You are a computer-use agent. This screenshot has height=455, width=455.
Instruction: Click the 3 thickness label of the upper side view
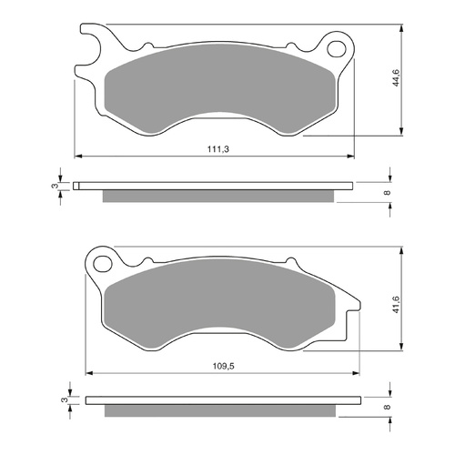click(55, 187)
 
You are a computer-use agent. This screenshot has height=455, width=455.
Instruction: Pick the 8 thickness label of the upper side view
click(388, 192)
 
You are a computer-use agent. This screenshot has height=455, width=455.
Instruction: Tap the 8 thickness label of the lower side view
click(388, 408)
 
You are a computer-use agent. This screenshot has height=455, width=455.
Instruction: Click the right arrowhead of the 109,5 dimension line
click(353, 372)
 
